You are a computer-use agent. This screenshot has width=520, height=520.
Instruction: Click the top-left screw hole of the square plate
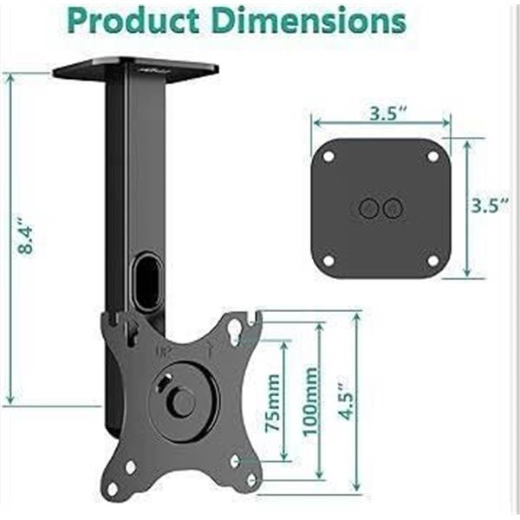[328, 157]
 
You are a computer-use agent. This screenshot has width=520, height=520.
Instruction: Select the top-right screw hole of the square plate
[432, 157]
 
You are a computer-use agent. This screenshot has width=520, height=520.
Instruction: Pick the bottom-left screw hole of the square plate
[328, 260]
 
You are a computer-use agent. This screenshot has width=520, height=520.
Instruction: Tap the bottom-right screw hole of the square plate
[432, 260]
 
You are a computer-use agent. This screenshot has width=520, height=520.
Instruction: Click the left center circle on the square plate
[367, 208]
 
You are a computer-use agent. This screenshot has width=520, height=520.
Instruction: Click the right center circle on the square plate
[393, 208]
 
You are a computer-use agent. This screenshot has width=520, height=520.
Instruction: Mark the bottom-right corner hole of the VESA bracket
[251, 478]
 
